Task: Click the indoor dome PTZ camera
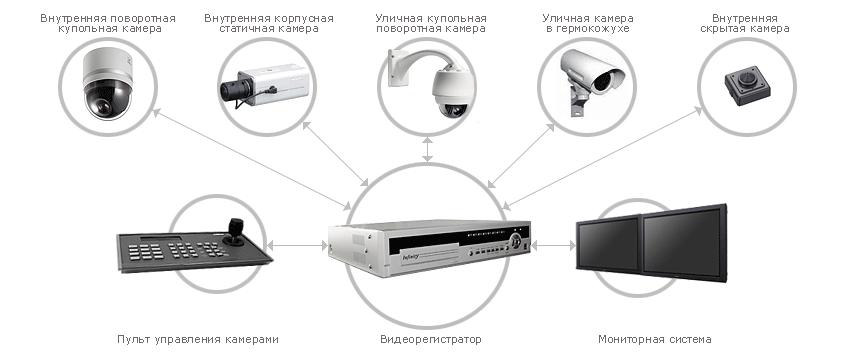pyautogui.click(x=108, y=83)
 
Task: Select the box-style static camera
pyautogui.click(x=264, y=86)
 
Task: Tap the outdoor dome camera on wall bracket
pyautogui.click(x=430, y=82)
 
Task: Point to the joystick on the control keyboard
pyautogui.click(x=235, y=232)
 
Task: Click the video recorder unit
pyautogui.click(x=429, y=248)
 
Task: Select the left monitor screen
pyautogui.click(x=609, y=245)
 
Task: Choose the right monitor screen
pyautogui.click(x=684, y=243)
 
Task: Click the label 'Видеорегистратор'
pyautogui.click(x=431, y=339)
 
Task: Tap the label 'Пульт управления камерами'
pyautogui.click(x=197, y=339)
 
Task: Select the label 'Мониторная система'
pyautogui.click(x=655, y=339)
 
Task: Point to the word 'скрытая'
pyautogui.click(x=720, y=29)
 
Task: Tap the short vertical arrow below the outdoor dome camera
pyautogui.click(x=427, y=149)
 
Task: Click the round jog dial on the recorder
pyautogui.click(x=516, y=241)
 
